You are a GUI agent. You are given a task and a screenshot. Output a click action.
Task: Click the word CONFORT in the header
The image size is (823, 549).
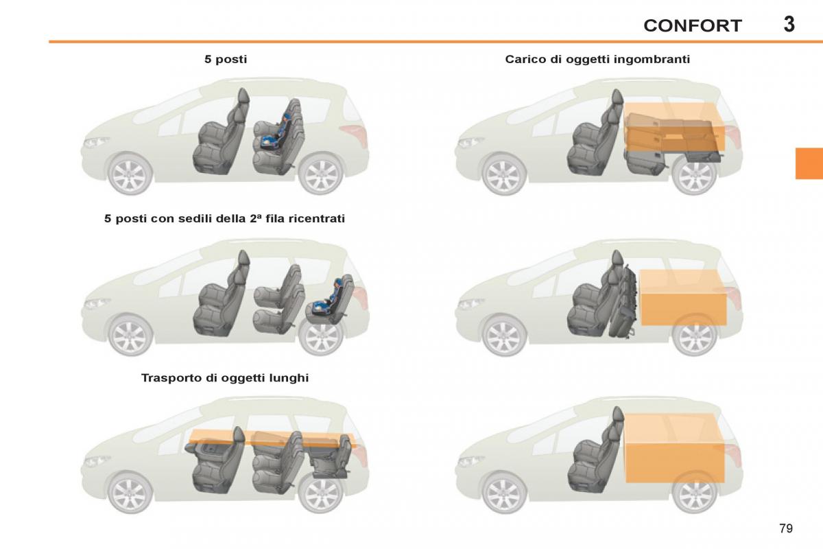point(692,26)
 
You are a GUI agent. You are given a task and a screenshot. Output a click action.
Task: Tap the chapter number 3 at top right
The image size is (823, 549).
point(789,24)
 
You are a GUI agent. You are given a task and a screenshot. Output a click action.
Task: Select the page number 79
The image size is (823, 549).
point(786,528)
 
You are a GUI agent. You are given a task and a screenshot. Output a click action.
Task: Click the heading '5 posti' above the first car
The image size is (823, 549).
point(226,60)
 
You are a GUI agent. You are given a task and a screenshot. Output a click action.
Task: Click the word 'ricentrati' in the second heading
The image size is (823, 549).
point(317,219)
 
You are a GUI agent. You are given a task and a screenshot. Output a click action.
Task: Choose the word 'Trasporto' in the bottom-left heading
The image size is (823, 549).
point(169,378)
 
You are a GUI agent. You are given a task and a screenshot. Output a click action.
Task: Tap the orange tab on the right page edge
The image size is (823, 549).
point(809,163)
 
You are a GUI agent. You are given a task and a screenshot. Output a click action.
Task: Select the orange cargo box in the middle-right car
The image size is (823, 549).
point(683,297)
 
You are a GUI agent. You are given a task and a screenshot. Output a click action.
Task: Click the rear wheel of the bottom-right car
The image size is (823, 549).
point(694,493)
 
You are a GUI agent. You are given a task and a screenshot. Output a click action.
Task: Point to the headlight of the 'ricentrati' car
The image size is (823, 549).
point(96,303)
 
